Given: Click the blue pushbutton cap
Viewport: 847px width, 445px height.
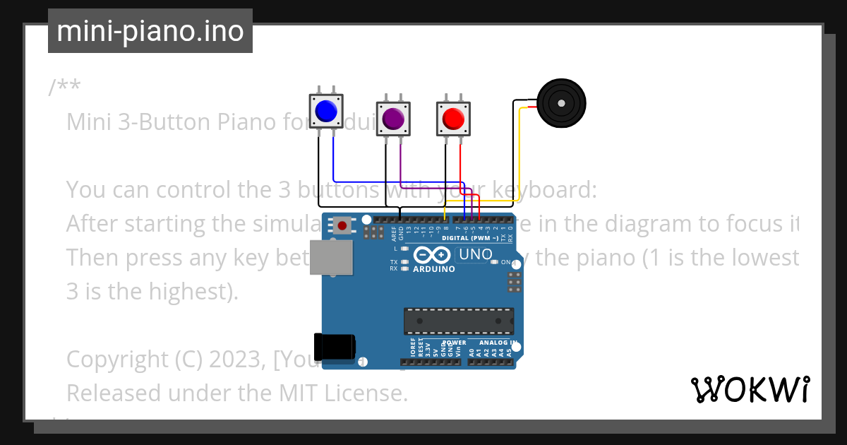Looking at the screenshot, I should click(x=326, y=111).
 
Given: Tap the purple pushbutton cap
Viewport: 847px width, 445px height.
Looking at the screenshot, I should click(x=393, y=118).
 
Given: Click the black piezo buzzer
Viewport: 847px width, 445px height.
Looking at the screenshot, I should click(x=561, y=103).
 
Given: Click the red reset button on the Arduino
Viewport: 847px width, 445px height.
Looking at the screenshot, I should click(x=342, y=225).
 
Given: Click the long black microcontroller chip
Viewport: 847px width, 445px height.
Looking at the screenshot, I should click(x=459, y=321).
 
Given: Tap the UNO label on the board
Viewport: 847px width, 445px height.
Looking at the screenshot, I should click(x=476, y=254).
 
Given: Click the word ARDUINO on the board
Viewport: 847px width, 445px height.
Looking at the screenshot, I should click(x=433, y=269).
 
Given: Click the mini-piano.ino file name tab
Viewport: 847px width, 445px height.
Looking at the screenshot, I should click(x=150, y=31).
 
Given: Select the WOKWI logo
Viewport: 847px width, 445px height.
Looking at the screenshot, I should click(x=750, y=390).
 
